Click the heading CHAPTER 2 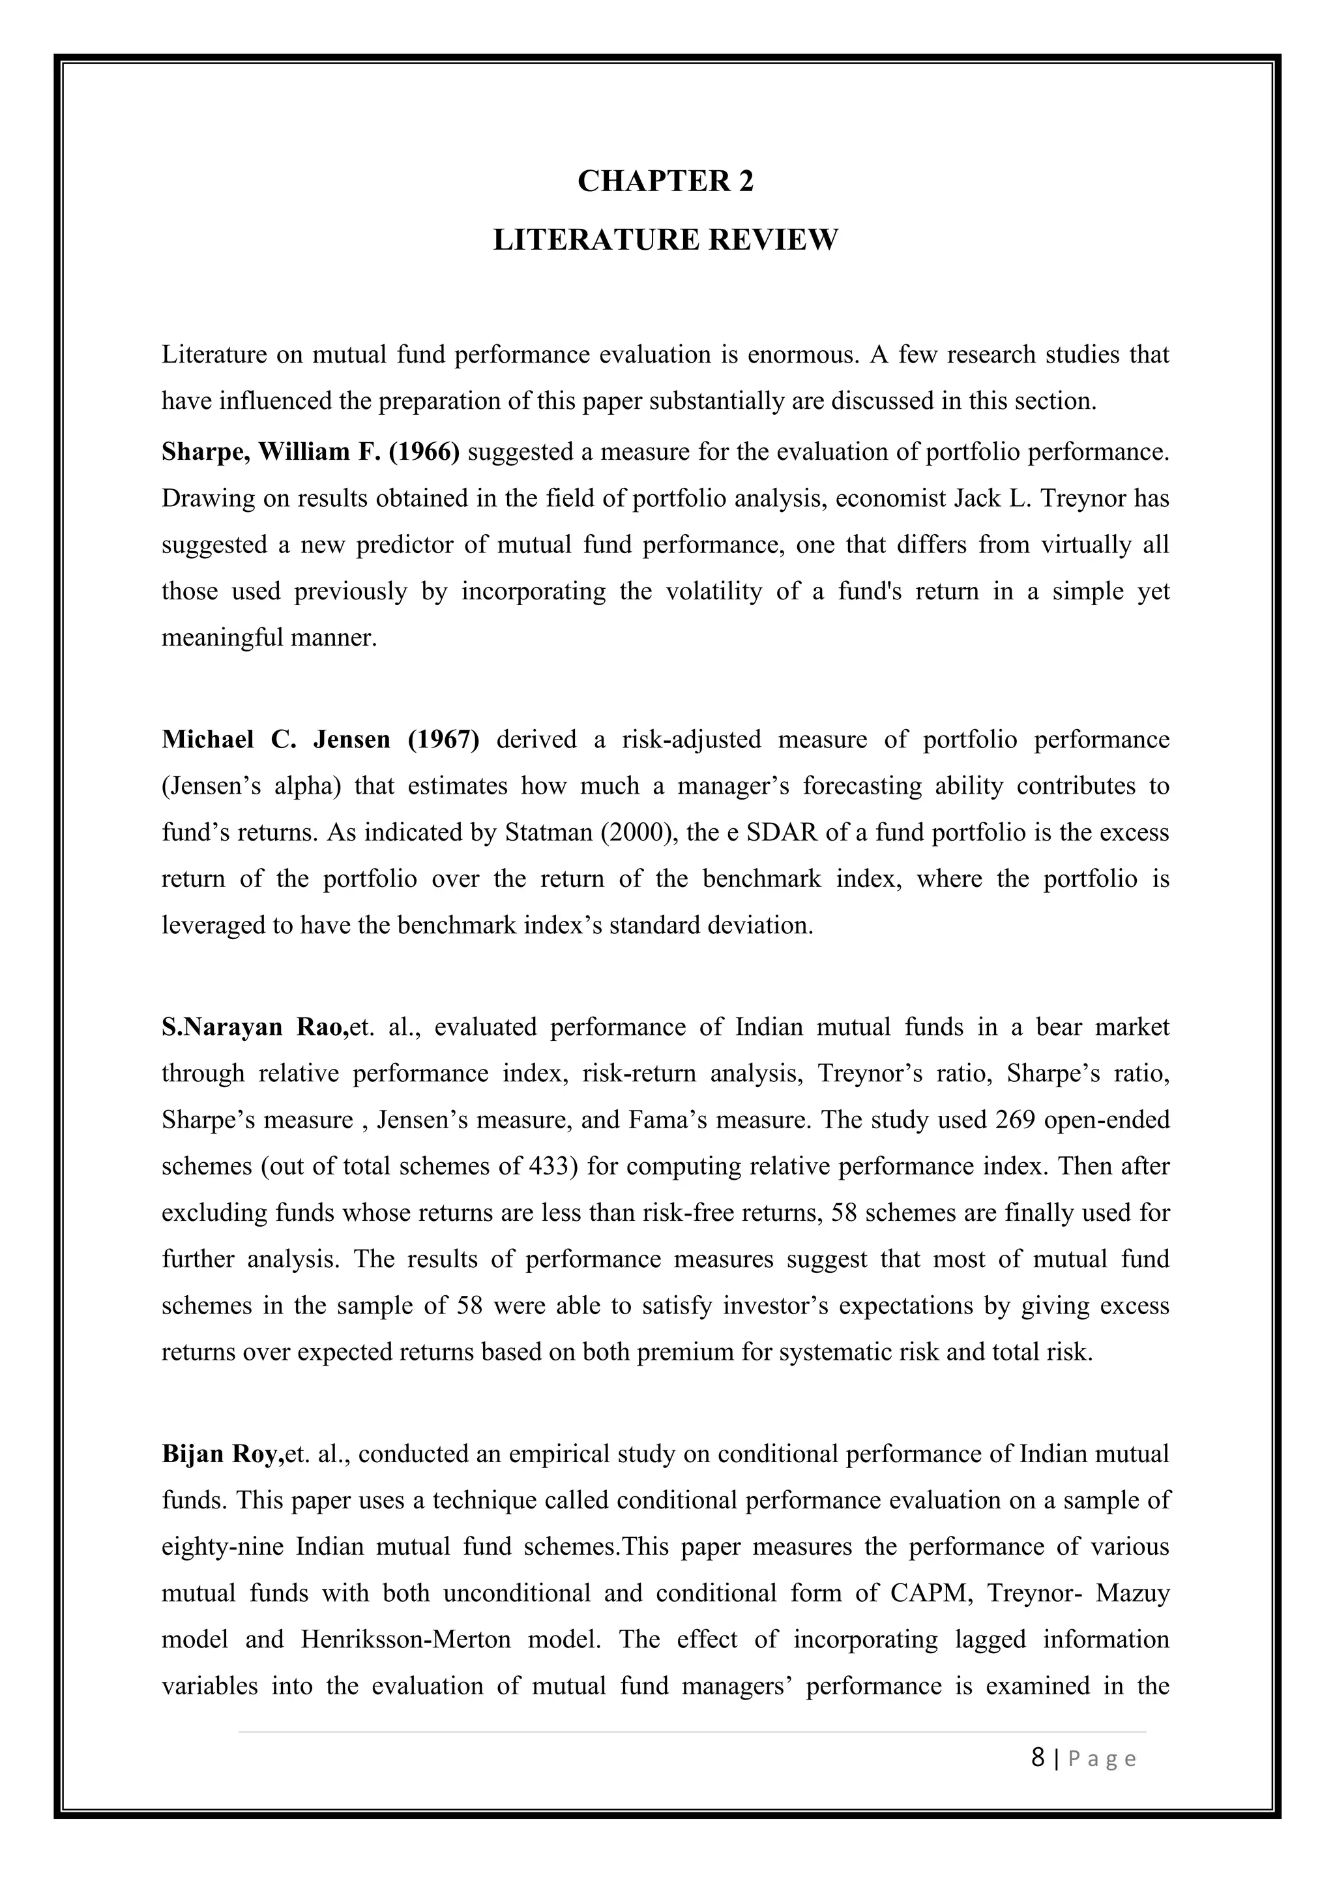[x=665, y=181]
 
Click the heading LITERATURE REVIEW [x=665, y=240]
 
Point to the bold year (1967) [x=443, y=740]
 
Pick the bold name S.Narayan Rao [x=255, y=1027]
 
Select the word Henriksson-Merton [x=405, y=1640]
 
